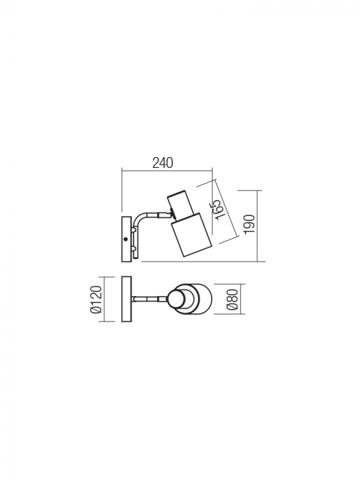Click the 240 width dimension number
(163, 163)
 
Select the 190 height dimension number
(250, 224)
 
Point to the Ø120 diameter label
(97, 300)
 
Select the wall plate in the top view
(125, 300)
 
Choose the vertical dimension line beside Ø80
(221, 300)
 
